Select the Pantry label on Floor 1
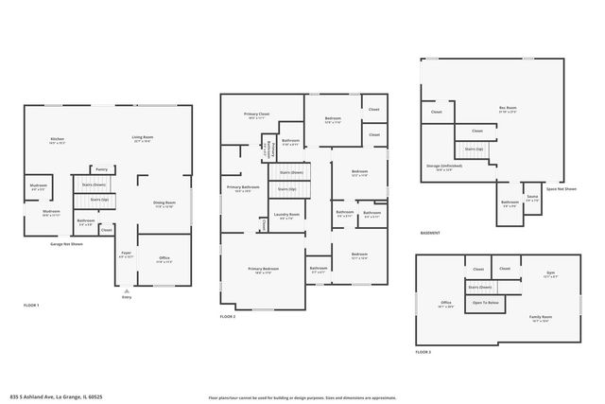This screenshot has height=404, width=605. (101, 169)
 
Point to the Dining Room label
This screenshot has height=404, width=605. (164, 204)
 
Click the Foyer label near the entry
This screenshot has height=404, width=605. (125, 255)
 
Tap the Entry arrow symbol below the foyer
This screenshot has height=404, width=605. (127, 290)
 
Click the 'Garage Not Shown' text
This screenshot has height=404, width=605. (66, 244)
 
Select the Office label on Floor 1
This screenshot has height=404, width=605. (164, 258)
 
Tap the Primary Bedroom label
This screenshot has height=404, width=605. (264, 271)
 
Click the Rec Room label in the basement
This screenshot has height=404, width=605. (507, 109)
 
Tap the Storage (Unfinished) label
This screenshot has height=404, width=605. (443, 167)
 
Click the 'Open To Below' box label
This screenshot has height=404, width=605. (487, 303)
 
